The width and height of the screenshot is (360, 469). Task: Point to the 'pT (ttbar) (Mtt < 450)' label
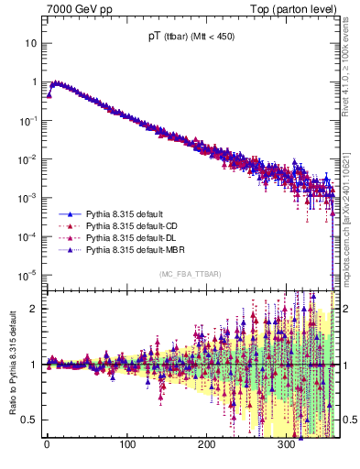(x=187, y=38)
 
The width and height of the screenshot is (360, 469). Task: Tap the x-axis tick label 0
(x=48, y=446)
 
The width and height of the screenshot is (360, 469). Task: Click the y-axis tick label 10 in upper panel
(x=31, y=43)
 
